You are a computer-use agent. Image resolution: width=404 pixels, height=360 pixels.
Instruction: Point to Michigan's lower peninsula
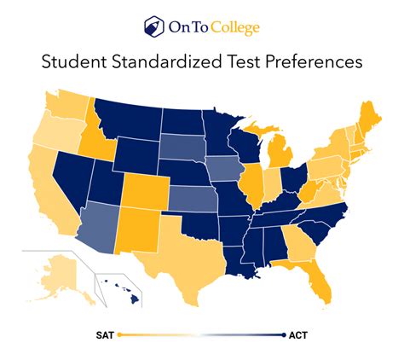tap(278, 152)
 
